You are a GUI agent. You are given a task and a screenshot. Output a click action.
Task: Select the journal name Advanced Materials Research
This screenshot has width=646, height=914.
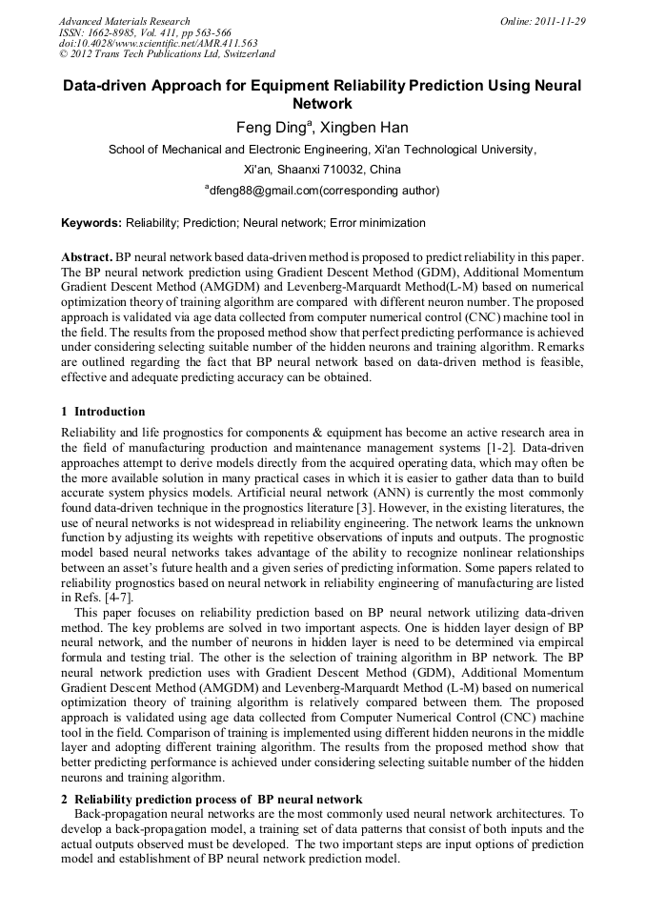point(124,21)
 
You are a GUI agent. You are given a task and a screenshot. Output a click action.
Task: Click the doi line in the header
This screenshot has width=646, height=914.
point(158,43)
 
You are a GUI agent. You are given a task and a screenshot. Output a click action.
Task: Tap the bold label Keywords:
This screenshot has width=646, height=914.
point(91,223)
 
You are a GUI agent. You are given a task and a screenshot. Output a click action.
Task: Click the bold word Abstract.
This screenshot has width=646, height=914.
point(87,258)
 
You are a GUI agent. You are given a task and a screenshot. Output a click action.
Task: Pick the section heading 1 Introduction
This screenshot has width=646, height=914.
point(103,412)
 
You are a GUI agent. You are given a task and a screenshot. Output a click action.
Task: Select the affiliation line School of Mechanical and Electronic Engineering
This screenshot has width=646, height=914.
point(322,150)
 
